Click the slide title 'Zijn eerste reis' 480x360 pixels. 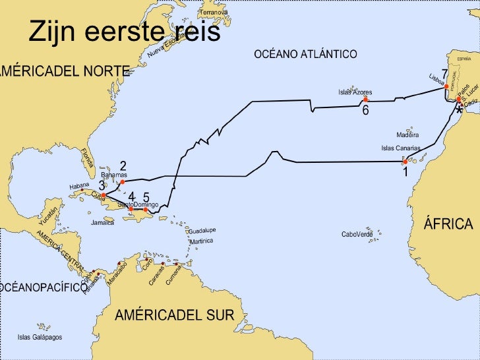[x=124, y=32]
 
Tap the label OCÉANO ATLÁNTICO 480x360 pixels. [x=306, y=54]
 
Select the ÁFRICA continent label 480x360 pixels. [x=448, y=224]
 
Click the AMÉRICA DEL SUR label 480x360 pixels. [x=174, y=315]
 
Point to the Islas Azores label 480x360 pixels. [x=355, y=92]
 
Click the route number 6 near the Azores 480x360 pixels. [x=365, y=111]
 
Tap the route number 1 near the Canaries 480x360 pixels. [x=405, y=172]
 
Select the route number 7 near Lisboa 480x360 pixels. [x=444, y=74]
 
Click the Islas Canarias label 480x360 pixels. [x=401, y=148]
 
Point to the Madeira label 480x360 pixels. [x=407, y=135]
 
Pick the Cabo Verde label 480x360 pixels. [x=357, y=234]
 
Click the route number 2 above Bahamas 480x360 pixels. [x=123, y=165]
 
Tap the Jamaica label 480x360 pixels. [x=102, y=223]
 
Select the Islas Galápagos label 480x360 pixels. [x=40, y=337]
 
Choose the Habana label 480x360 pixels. [x=79, y=186]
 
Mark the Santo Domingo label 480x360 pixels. [x=138, y=206]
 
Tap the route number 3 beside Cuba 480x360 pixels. [x=102, y=186]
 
